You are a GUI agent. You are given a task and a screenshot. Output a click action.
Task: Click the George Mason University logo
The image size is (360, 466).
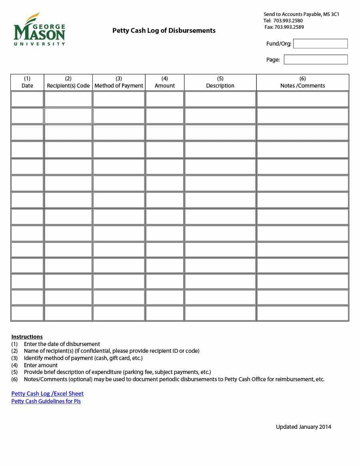[39, 30]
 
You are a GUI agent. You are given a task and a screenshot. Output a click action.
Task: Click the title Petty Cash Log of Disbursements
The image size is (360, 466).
[164, 30]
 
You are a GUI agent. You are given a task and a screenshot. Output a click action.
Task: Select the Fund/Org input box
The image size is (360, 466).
[320, 44]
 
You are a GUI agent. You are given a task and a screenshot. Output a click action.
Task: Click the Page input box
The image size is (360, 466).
[315, 60]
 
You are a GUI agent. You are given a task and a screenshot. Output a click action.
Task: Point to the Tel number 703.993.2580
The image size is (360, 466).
[288, 21]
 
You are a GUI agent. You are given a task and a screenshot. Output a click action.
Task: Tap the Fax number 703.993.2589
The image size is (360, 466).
[289, 27]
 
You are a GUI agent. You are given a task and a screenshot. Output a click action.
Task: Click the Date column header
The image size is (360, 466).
[27, 82]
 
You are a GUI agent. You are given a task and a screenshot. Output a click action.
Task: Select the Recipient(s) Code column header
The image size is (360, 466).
[68, 82]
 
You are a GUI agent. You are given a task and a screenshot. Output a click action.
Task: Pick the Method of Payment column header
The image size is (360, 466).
[119, 82]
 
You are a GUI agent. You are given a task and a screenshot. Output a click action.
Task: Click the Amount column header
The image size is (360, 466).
[164, 82]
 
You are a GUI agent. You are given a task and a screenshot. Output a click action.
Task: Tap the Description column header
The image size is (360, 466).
[220, 82]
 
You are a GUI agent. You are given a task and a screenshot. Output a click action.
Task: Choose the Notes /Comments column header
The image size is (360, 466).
[302, 82]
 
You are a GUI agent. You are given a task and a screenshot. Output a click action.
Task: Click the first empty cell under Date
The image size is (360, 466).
[27, 99]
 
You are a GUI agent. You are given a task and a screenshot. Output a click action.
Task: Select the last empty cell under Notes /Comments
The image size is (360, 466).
[302, 313]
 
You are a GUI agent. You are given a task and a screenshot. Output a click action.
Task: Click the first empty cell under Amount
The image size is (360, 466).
[164, 99]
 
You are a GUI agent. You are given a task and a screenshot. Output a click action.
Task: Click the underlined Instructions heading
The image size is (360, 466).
[27, 337]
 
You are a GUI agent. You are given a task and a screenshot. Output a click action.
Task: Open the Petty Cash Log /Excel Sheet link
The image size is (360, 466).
[47, 394]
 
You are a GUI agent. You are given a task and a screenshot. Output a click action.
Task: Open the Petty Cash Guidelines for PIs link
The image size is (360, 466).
[46, 401]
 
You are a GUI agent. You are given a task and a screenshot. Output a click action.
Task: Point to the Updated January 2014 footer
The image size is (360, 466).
[303, 427]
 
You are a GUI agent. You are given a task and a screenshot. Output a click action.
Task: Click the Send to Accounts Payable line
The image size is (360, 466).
[301, 14]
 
